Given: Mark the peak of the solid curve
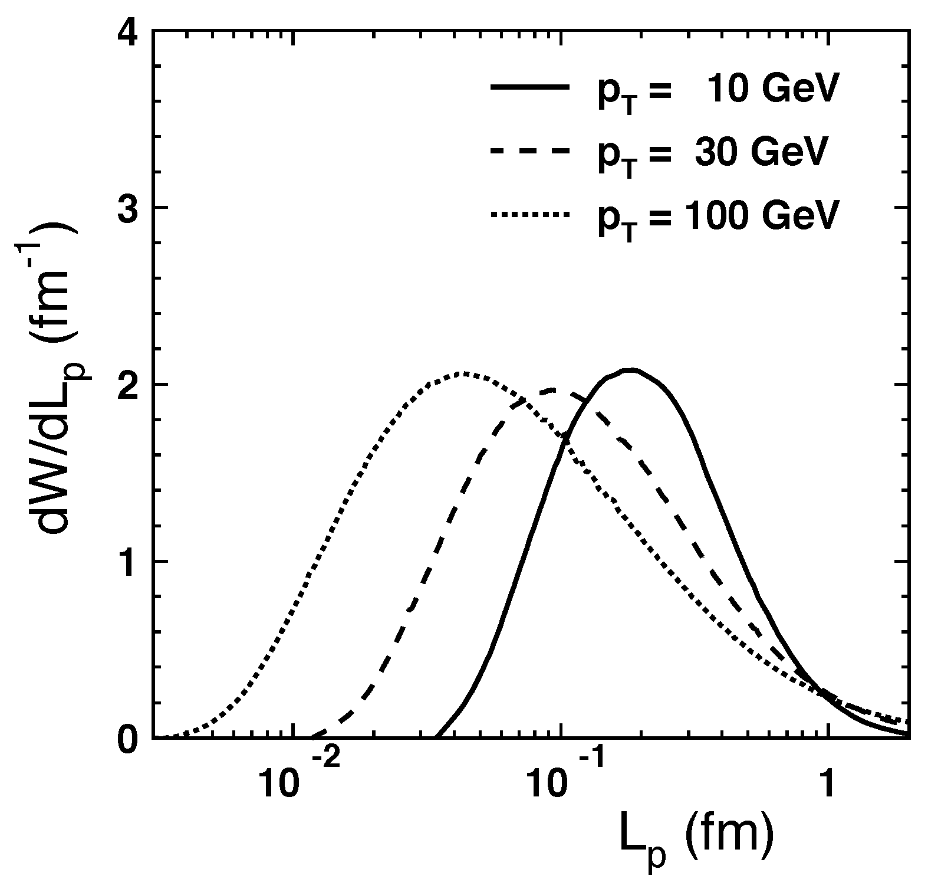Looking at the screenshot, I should (631, 370).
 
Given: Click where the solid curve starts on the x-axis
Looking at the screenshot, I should (435, 737).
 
